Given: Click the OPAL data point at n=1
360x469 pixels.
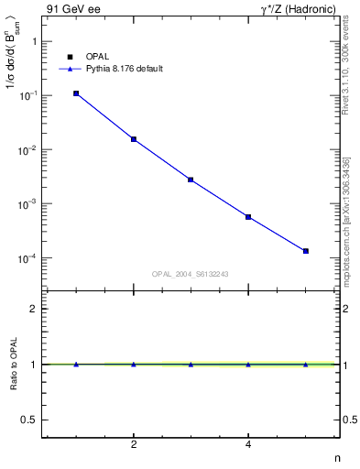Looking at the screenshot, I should (x=76, y=93).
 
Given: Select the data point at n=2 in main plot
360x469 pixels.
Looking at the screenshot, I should (x=134, y=139).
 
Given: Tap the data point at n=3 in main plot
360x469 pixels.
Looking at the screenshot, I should (x=191, y=180).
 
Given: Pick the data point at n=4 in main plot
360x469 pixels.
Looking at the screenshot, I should (x=248, y=217).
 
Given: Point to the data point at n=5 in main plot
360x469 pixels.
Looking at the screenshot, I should (x=306, y=251).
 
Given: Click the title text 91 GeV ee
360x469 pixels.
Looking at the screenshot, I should (x=70, y=8).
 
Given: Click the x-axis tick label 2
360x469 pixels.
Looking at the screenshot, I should (x=134, y=445).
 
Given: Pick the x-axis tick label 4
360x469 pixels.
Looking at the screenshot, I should (x=248, y=445).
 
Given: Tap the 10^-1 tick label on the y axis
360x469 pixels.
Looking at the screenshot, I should (x=30, y=95).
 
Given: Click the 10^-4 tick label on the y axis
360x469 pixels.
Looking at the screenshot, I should (x=30, y=258).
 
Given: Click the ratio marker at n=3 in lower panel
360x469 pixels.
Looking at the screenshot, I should (x=191, y=365).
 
